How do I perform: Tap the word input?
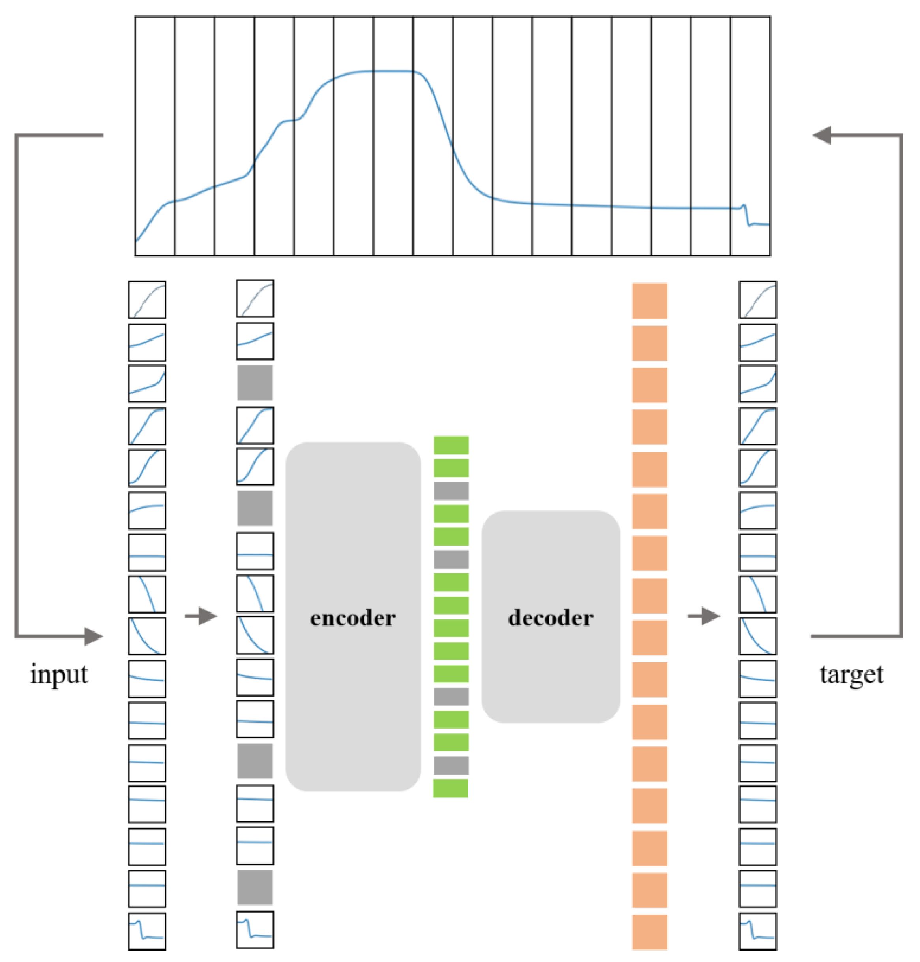click(59, 674)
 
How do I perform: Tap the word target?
click(851, 674)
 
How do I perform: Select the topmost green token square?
click(451, 445)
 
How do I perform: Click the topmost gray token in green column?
click(451, 490)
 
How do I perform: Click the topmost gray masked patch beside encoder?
click(255, 382)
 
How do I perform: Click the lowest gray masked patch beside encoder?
click(255, 887)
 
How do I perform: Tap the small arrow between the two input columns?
click(200, 616)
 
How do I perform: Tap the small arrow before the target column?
click(703, 616)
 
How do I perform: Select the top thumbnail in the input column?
click(147, 299)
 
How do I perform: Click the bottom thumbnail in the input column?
click(147, 931)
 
